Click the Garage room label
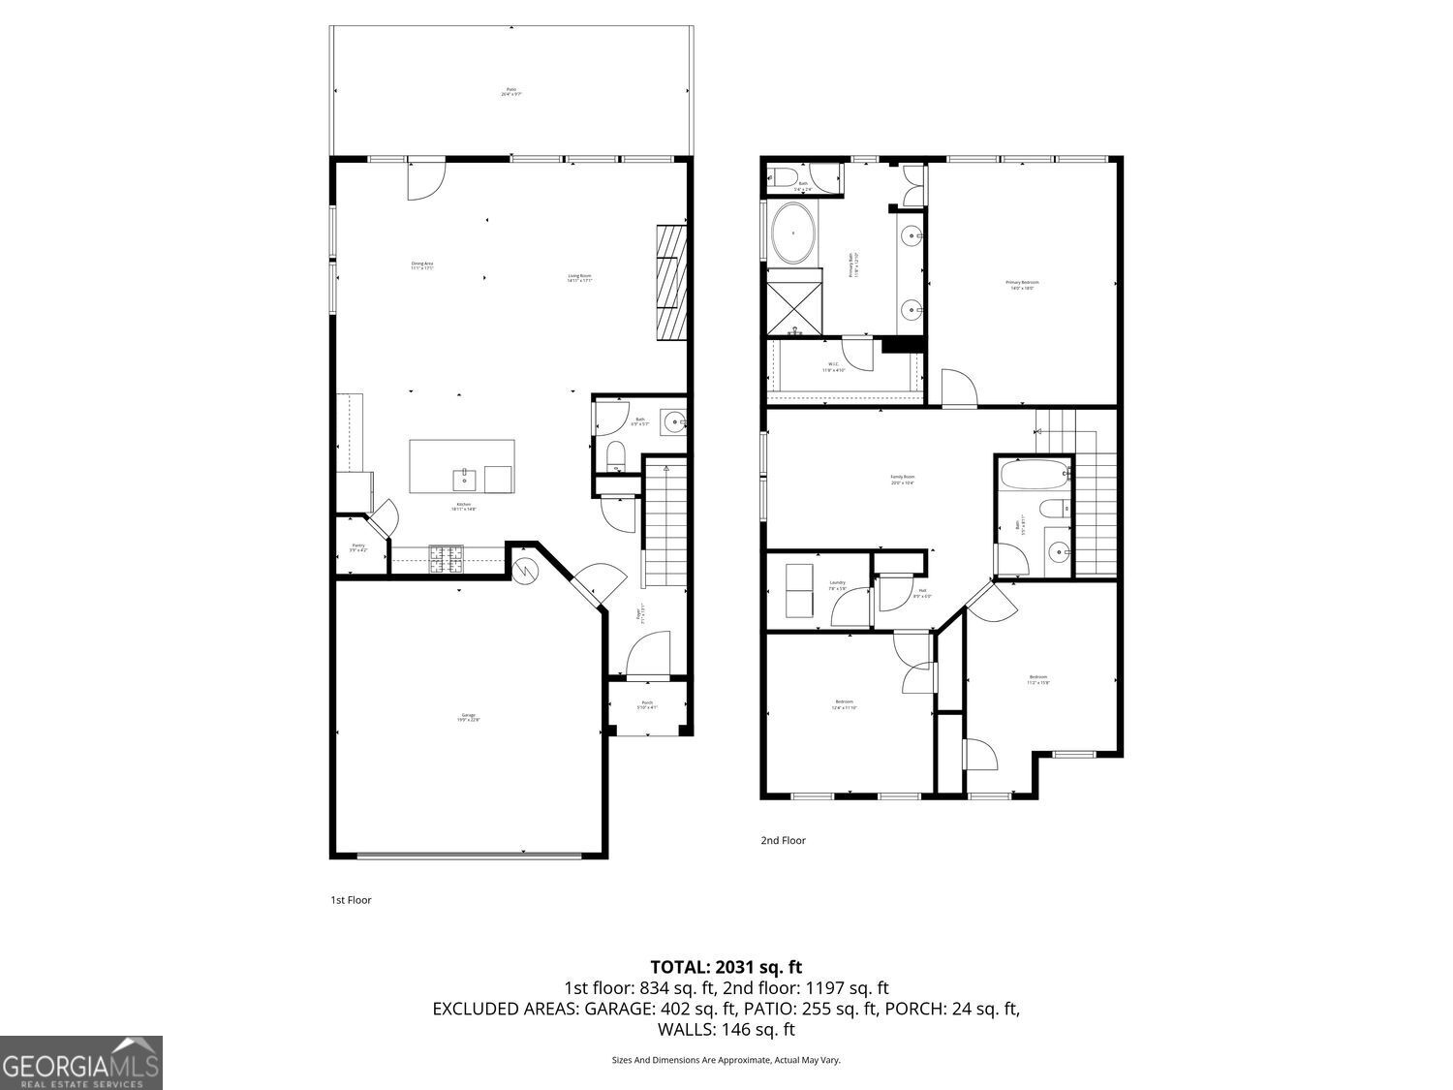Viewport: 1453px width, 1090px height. coord(469,718)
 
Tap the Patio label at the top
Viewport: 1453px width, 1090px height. coord(511,92)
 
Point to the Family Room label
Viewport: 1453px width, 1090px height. coord(902,479)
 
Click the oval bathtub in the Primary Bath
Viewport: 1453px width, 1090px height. coord(793,234)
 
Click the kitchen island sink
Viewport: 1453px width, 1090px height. coord(464,479)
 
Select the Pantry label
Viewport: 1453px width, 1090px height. coord(358,547)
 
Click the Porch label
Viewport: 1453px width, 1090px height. coord(647,704)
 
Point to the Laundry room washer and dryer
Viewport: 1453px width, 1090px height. coord(799,590)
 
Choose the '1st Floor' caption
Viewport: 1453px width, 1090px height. coord(351,900)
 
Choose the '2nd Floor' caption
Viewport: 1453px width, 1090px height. coord(783,841)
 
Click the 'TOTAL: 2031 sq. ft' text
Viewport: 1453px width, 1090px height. coord(726,966)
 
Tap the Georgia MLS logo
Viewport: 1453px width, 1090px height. coord(81,1063)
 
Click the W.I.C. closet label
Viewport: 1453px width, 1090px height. coord(833,367)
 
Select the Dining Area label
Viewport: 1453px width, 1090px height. coord(421,265)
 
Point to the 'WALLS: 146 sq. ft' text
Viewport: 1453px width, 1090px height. coord(726,1030)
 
